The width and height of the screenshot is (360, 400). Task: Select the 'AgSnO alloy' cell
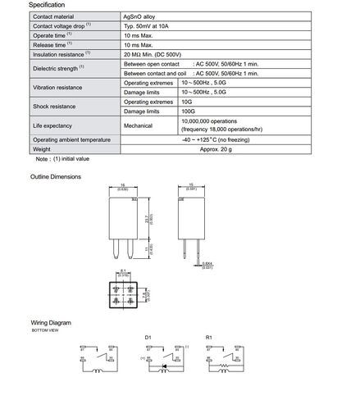click(140, 16)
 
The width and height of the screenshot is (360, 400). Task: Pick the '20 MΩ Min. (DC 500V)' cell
click(157, 55)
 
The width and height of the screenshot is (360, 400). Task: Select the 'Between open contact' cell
click(152, 64)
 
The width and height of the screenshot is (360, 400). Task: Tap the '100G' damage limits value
click(188, 111)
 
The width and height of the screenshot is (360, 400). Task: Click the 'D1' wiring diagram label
click(148, 337)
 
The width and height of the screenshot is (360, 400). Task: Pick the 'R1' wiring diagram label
click(209, 337)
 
